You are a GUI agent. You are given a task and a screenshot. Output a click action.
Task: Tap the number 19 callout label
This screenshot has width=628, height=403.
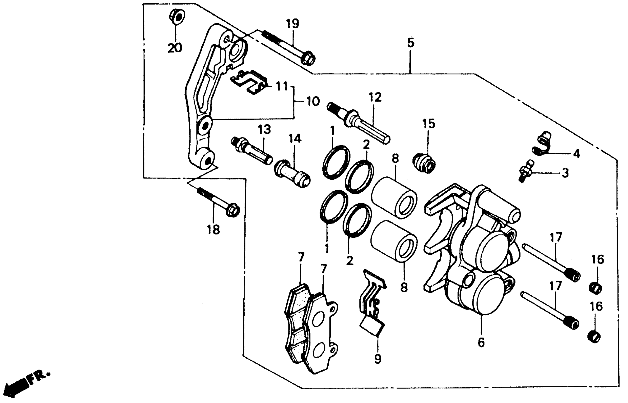[x=292, y=24]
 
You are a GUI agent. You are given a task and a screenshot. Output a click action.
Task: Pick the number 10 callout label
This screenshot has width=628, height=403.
[x=313, y=101]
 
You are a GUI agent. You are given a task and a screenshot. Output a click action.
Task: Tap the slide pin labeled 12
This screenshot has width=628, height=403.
[x=358, y=126]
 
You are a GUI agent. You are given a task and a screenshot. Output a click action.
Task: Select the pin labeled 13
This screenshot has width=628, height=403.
[x=251, y=152]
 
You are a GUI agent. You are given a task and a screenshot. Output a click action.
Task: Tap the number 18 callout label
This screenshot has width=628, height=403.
[x=213, y=230]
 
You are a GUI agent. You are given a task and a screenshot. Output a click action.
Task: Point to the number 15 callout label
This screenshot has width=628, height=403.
[x=428, y=124]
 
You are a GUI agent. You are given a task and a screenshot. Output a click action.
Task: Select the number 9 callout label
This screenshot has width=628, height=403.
[x=377, y=359]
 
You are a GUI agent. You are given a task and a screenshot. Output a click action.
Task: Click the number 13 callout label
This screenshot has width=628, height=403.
[x=264, y=129]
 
